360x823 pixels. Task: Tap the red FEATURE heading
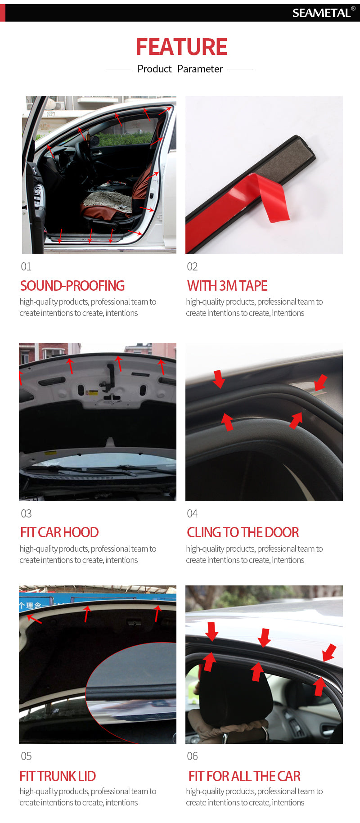(x=182, y=47)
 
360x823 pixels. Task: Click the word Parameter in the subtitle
(x=200, y=69)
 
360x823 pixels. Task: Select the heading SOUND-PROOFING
(x=72, y=286)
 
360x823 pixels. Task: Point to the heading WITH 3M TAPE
(x=227, y=286)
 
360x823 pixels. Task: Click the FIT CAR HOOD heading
(x=59, y=532)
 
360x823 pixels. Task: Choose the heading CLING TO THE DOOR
(x=243, y=532)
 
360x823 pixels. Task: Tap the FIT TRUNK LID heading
(x=58, y=776)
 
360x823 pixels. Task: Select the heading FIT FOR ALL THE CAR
(x=244, y=776)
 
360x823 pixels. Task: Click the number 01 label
(x=26, y=267)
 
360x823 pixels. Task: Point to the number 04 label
(x=192, y=513)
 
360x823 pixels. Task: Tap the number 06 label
(x=192, y=756)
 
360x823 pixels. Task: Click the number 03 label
(x=26, y=513)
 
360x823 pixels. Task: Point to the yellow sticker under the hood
(x=92, y=393)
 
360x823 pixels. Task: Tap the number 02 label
(x=192, y=267)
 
